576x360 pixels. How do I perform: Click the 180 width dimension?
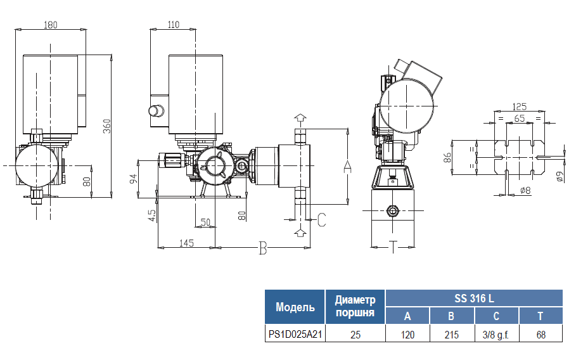(51, 25)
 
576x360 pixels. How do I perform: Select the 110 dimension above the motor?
(174, 25)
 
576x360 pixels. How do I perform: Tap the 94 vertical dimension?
(134, 177)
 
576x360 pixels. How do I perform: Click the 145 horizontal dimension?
(186, 242)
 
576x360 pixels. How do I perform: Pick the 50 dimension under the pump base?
(205, 222)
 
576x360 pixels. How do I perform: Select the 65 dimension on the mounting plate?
(519, 119)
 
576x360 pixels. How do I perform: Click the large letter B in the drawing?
(263, 249)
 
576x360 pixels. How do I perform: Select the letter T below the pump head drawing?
(393, 247)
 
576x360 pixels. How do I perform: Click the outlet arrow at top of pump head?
(300, 119)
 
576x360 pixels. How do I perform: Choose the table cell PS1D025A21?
(295, 335)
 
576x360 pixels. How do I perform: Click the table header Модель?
(295, 307)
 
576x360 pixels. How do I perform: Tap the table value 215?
(451, 335)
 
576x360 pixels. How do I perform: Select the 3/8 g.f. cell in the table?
(496, 335)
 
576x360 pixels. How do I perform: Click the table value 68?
(541, 335)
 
